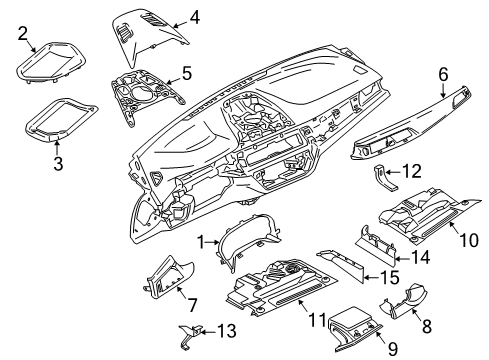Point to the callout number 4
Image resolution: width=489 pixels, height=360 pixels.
(x=195, y=16)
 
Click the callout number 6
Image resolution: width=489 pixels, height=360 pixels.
(x=442, y=74)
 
